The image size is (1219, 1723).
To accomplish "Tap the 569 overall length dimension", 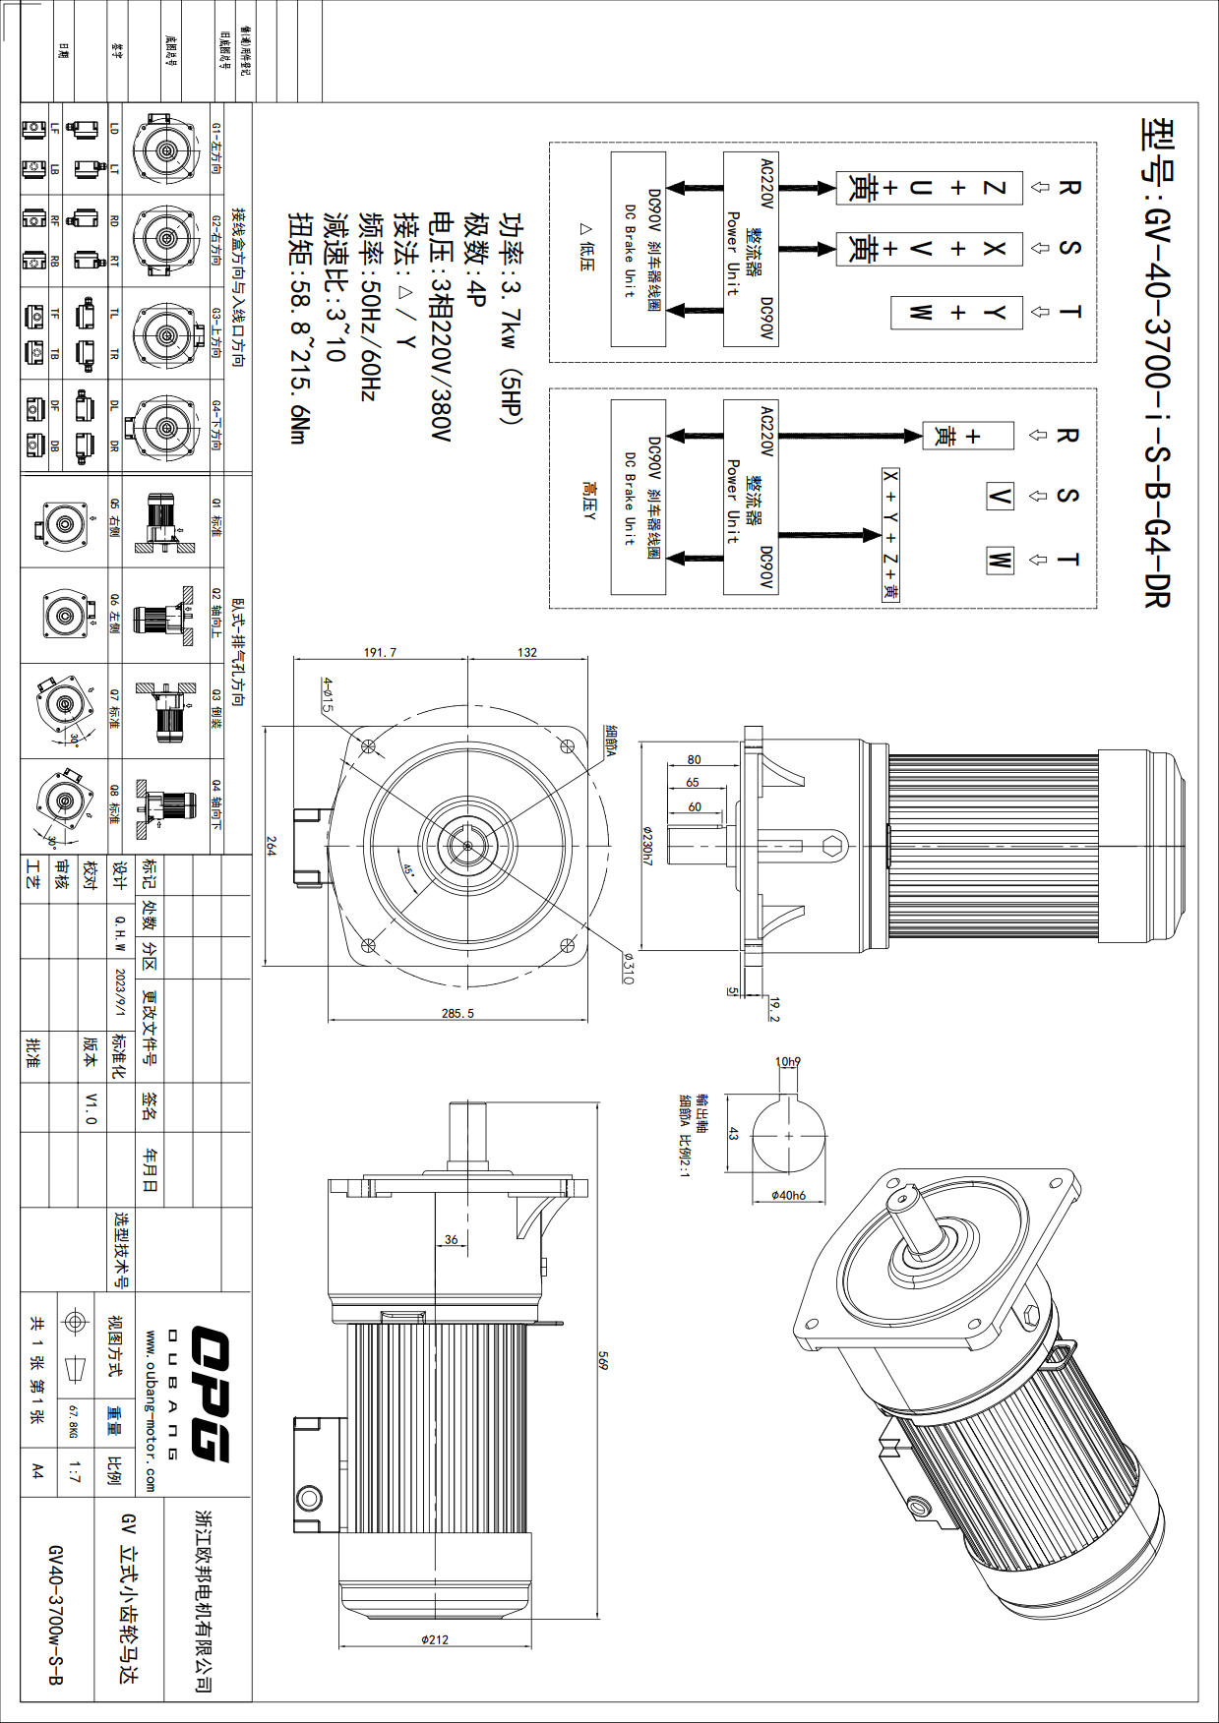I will (604, 1361).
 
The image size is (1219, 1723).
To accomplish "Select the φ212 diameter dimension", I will (434, 1639).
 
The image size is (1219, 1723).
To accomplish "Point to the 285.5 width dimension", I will (457, 1013).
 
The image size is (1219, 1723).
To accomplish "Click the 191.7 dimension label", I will (380, 652).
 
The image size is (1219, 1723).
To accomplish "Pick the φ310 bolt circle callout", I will (628, 971).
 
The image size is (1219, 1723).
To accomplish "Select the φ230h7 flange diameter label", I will (647, 845).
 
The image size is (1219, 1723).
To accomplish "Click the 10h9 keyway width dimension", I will (788, 1062).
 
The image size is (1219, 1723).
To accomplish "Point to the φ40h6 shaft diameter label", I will (788, 1196).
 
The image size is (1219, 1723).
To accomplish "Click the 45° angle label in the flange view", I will (408, 870).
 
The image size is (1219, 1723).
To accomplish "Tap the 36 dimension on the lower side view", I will (451, 1239).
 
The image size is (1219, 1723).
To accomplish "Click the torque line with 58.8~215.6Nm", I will (299, 328).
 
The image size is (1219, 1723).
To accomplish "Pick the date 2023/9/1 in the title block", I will (121, 995).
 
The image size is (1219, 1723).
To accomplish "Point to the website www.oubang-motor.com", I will (150, 1410).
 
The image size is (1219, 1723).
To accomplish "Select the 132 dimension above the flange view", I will (527, 652).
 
